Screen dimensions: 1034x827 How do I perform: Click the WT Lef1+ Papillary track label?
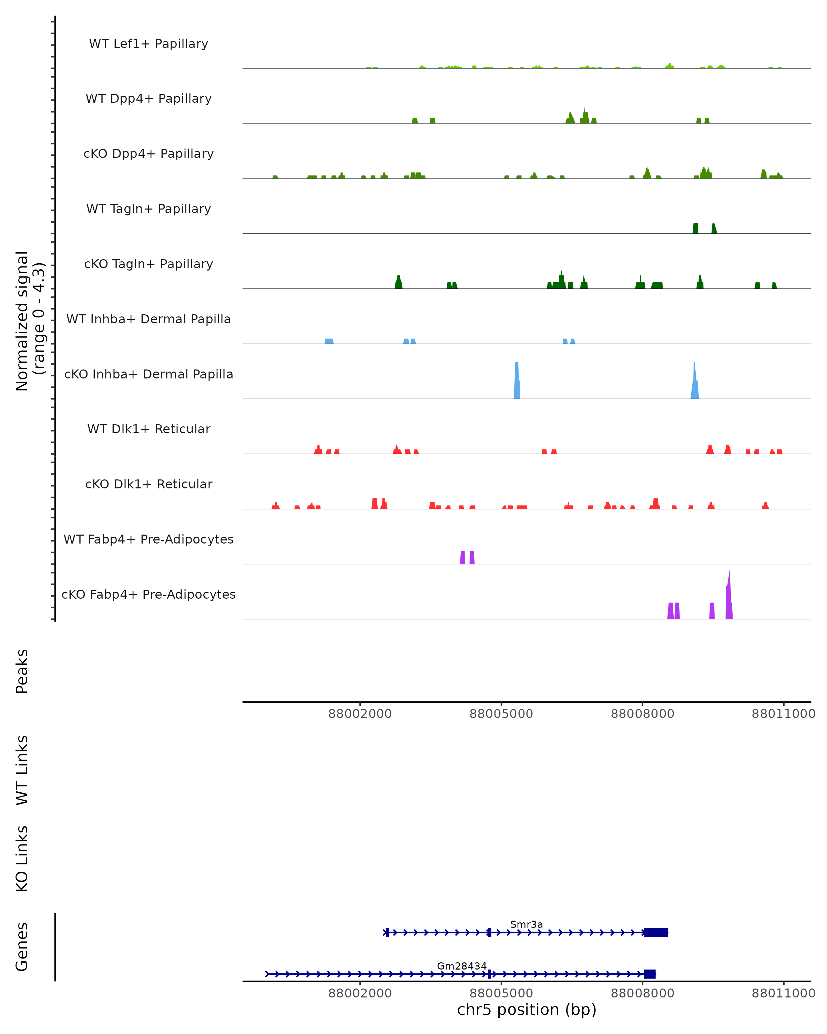(149, 44)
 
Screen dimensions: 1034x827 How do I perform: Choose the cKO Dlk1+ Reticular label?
(149, 484)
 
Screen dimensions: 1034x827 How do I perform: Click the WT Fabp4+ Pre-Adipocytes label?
(149, 539)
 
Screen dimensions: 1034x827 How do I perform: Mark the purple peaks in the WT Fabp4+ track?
(467, 557)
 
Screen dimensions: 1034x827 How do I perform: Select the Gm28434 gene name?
(462, 966)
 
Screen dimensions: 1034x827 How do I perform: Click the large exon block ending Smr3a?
(655, 932)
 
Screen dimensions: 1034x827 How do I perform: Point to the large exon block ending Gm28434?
(650, 974)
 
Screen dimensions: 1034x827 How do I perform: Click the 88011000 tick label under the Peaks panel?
(783, 714)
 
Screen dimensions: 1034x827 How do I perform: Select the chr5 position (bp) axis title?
(527, 1010)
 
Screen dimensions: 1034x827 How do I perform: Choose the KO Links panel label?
(22, 859)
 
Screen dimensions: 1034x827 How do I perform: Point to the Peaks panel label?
(22, 671)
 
